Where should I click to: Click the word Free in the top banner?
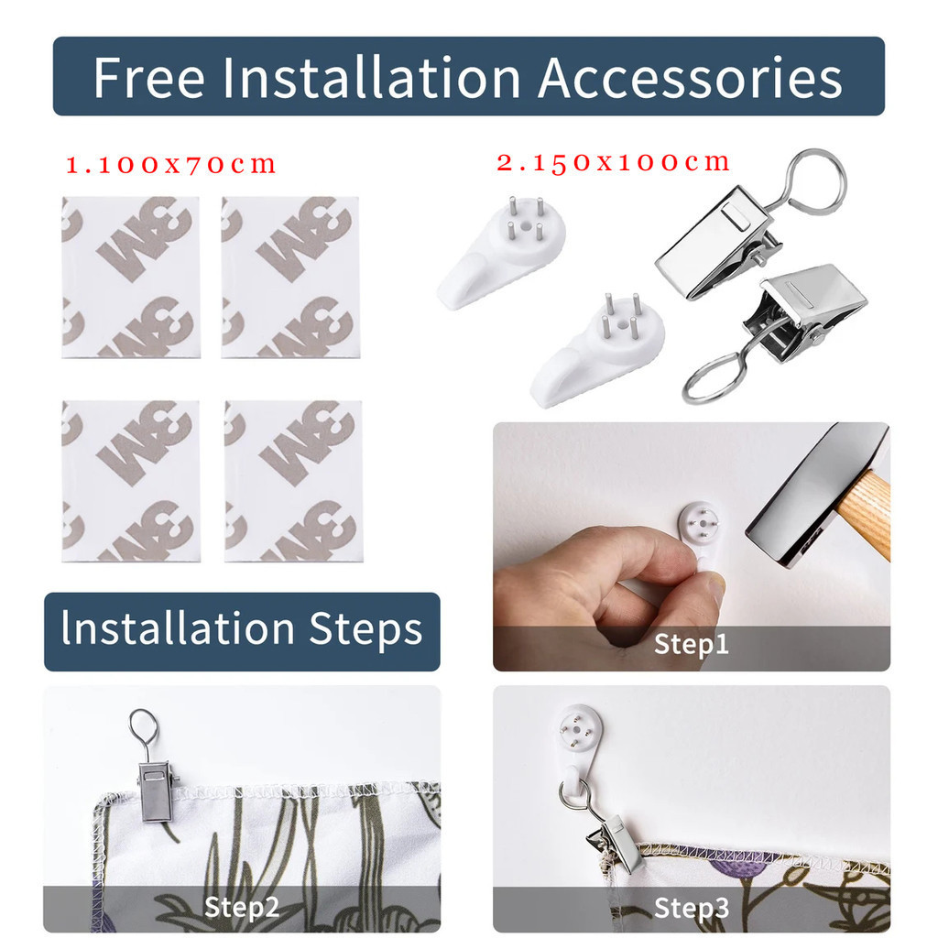[x=149, y=77]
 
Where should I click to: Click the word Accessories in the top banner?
[x=690, y=77]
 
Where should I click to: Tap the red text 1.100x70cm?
[x=171, y=165]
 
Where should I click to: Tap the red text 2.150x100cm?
[x=614, y=162]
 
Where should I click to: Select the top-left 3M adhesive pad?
[x=131, y=278]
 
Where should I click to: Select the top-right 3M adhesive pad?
[x=290, y=278]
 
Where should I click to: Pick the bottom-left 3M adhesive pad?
[x=131, y=482]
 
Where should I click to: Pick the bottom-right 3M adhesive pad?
[x=294, y=482]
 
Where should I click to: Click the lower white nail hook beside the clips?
[x=597, y=350]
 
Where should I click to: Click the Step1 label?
[x=692, y=644]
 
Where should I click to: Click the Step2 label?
[x=242, y=907]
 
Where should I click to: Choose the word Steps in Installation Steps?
[x=365, y=630]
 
